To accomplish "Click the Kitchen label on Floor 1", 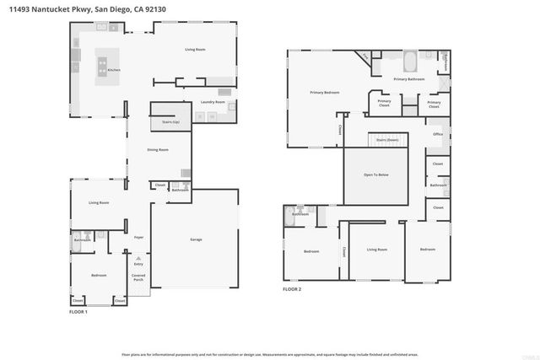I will point(114,70).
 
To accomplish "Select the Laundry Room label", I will point(213,102).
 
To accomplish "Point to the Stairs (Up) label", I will point(170,121).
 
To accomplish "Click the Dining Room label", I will point(158,149).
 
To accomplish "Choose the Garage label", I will point(195,240).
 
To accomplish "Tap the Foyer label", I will point(138,237).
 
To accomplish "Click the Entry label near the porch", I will point(138,264).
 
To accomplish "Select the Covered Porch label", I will point(138,277).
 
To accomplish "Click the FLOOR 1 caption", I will point(78,312).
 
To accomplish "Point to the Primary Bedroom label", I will point(323,92).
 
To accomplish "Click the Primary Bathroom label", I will point(408,80).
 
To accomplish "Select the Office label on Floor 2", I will point(438,134).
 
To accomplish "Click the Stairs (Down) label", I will point(386,139).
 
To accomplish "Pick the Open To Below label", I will point(376,175).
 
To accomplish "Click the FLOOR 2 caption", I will point(292,289).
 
